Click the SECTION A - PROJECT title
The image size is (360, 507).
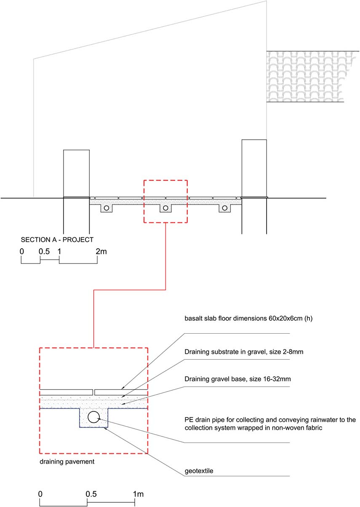[57, 240]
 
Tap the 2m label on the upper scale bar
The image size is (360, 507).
[101, 252]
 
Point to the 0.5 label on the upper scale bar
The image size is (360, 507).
[44, 252]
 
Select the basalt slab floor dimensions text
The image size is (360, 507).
[248, 319]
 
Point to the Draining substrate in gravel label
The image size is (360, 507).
[244, 352]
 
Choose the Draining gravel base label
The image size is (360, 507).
[237, 379]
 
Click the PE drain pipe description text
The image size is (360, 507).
[270, 424]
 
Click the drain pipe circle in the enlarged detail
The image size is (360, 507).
[93, 417]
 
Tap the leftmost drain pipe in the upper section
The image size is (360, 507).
[107, 208]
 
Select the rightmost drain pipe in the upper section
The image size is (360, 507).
[225, 208]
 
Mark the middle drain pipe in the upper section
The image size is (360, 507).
[165, 208]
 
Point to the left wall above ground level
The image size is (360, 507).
[76, 174]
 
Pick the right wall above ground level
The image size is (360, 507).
[254, 168]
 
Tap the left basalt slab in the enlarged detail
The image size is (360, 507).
[66, 392]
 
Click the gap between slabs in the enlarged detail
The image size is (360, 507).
[94, 392]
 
